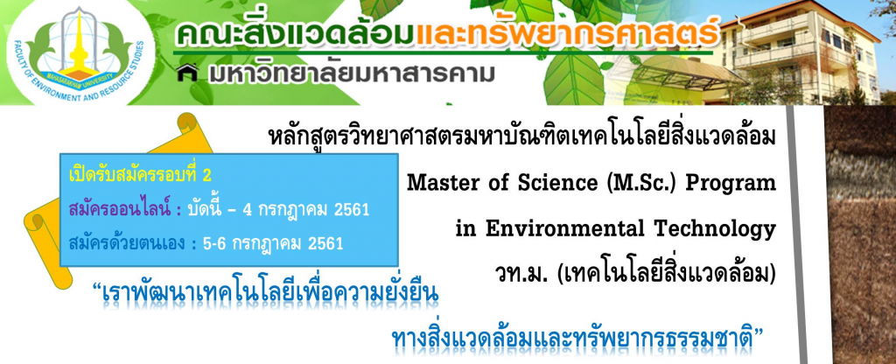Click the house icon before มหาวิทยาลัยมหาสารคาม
pyautogui.click(x=187, y=73)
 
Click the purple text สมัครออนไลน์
pyautogui.click(x=120, y=209)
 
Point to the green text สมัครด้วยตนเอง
pyautogui.click(x=127, y=243)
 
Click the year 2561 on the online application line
pyautogui.click(x=351, y=210)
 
